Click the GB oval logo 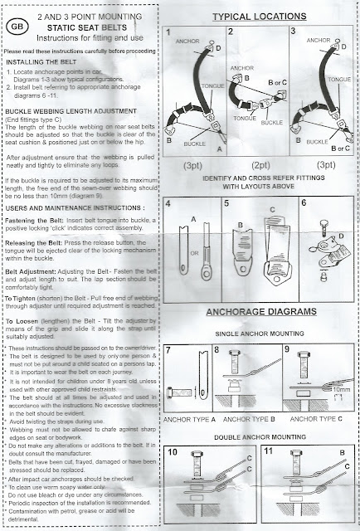17,24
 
